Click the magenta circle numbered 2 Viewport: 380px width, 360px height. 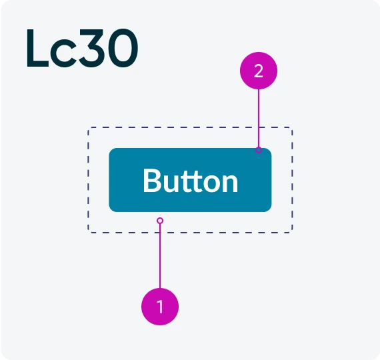point(259,71)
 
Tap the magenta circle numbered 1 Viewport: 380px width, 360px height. point(160,307)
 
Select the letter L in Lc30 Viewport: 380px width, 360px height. point(37,48)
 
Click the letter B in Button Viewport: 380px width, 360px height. point(153,181)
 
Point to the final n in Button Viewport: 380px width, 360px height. point(230,183)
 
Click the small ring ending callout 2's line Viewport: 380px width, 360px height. point(259,150)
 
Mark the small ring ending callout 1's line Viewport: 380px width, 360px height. point(160,221)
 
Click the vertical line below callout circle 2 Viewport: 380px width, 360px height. point(259,118)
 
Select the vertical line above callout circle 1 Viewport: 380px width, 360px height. point(160,256)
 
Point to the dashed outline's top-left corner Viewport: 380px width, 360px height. point(88,127)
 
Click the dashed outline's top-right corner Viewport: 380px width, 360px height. point(293,127)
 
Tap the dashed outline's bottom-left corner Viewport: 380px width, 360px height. point(88,233)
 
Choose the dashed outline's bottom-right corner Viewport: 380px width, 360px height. point(293,233)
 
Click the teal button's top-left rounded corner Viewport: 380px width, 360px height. point(111,150)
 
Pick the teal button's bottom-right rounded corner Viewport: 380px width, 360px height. point(270,210)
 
